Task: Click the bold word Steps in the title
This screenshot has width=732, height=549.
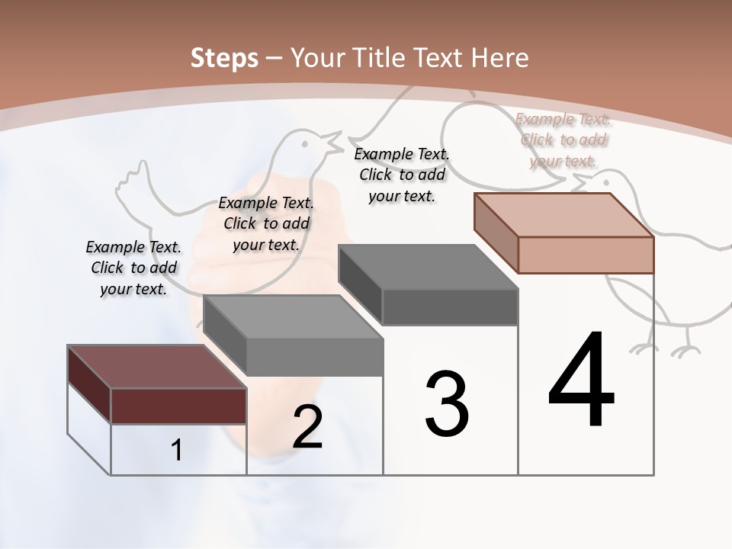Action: click(224, 58)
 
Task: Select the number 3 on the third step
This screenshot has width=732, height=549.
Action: click(447, 404)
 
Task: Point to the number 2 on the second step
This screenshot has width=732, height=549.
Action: click(307, 427)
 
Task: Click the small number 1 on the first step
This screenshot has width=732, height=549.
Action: click(176, 451)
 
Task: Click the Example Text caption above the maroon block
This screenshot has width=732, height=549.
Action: click(133, 268)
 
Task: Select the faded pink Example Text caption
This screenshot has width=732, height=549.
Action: click(563, 140)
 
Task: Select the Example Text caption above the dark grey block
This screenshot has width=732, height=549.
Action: click(402, 175)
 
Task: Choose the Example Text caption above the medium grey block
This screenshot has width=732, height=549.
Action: click(266, 223)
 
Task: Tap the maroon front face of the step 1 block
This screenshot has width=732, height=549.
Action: click(178, 406)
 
